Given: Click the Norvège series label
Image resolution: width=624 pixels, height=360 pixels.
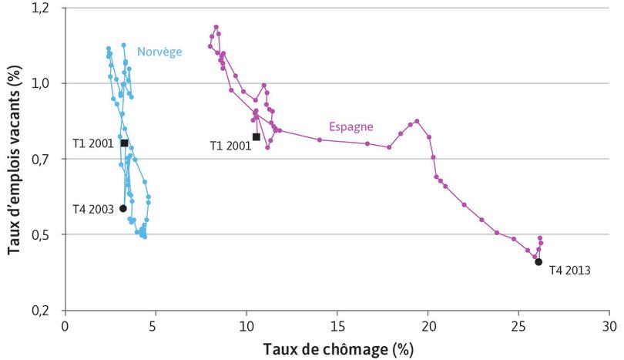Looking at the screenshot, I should (159, 52).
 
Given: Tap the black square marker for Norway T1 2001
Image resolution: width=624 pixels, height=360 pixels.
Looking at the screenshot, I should (124, 143).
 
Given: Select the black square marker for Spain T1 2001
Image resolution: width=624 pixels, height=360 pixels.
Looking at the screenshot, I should (256, 137).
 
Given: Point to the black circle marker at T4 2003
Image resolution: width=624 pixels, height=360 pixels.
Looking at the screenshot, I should (123, 208).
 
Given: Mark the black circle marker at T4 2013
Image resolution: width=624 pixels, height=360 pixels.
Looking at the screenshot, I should (538, 262).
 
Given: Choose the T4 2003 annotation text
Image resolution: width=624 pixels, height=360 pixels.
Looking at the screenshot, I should (93, 209).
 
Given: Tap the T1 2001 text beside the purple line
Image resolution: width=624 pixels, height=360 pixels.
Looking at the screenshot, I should (230, 145).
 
